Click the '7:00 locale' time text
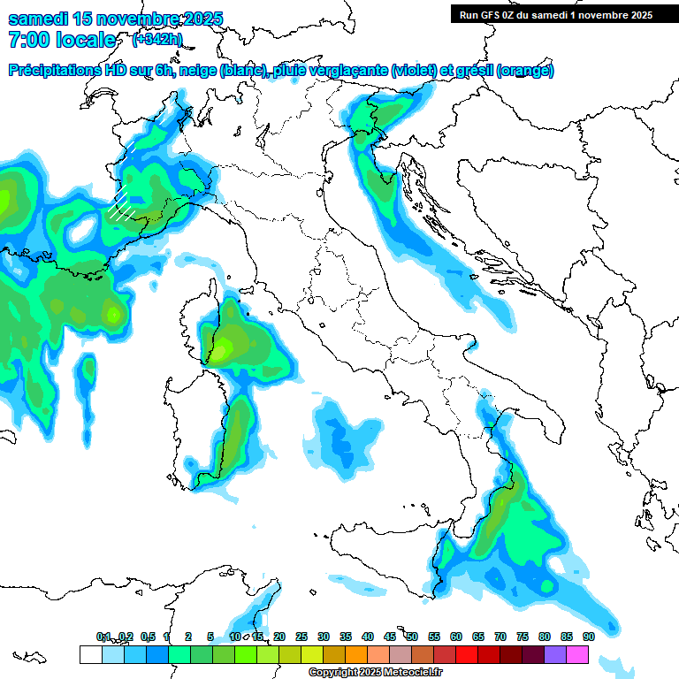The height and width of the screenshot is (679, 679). coord(62,40)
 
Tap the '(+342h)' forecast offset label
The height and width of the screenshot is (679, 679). coord(157,39)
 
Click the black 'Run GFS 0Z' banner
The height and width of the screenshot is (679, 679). coord(555,14)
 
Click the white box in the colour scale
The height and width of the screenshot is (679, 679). coord(90,655)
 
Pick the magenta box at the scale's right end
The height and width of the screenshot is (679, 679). coord(577,655)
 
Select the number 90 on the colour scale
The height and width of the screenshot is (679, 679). coord(589,637)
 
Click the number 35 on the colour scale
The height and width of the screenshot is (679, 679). coord(346,637)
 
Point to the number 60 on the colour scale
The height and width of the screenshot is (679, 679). coord(456,637)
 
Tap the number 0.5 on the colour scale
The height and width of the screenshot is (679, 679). coord(148,637)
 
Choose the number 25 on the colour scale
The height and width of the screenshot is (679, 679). coord(301,637)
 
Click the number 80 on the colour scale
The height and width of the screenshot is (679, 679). coord(545,637)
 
